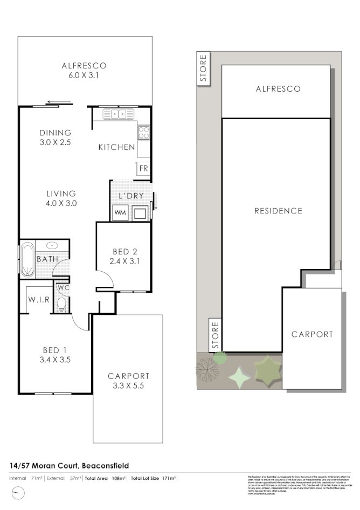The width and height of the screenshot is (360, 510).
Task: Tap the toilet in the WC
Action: [60, 305]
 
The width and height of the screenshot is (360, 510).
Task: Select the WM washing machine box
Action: [119, 213]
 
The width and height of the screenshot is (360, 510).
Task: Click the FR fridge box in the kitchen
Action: [143, 168]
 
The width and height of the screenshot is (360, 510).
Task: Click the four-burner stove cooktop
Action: [143, 132]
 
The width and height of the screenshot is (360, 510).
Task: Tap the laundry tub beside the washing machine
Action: [141, 213]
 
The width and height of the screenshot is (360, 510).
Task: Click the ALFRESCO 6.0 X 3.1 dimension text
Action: [84, 75]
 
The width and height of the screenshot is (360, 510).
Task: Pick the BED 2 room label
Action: [121, 252]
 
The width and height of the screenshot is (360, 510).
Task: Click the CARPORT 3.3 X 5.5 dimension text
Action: [128, 386]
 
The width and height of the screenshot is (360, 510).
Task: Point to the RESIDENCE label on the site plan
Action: [278, 211]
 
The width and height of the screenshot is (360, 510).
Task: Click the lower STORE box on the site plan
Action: [215, 334]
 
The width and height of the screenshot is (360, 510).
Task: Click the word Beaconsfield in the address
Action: [103, 465]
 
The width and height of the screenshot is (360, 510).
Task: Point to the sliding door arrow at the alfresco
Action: [59, 102]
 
